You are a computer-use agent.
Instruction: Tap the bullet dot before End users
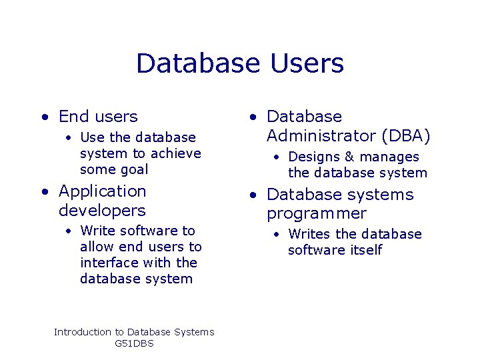pyautogui.click(x=43, y=117)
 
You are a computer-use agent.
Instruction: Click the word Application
pyautogui.click(x=102, y=191)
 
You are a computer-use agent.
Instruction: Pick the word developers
pyautogui.click(x=102, y=211)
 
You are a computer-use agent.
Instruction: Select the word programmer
pyautogui.click(x=317, y=214)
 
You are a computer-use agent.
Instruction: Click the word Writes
pyautogui.click(x=309, y=234)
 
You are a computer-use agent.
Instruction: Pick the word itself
pyautogui.click(x=365, y=250)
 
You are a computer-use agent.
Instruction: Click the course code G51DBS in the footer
pyautogui.click(x=134, y=343)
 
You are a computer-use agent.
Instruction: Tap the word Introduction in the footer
pyautogui.click(x=83, y=332)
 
